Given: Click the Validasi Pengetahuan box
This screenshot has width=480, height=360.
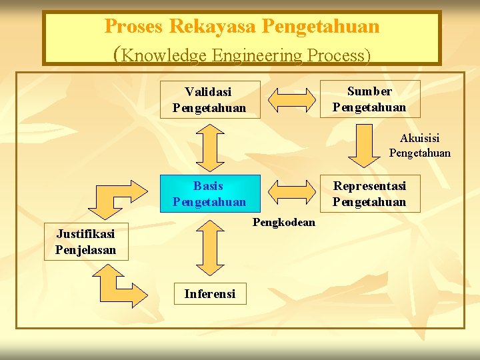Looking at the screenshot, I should pyautogui.click(x=209, y=99).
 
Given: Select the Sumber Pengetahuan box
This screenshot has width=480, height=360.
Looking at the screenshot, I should pyautogui.click(x=369, y=99).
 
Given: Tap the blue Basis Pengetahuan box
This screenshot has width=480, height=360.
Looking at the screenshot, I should pyautogui.click(x=209, y=193).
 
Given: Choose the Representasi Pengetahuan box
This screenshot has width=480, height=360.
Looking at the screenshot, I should pyautogui.click(x=369, y=193).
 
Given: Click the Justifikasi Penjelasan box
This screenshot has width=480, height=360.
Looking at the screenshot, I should pyautogui.click(x=85, y=241).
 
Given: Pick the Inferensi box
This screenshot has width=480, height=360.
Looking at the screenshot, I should pyautogui.click(x=209, y=293).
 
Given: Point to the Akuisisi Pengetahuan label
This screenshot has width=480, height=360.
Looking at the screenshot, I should pyautogui.click(x=420, y=145).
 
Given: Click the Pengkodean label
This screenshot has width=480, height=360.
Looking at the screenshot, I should pyautogui.click(x=284, y=222).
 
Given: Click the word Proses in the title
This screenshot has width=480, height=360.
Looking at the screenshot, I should pyautogui.click(x=134, y=27).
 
